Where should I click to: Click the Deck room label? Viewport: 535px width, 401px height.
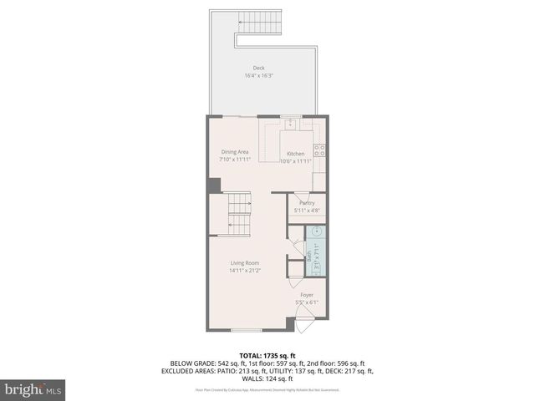coord(260,68)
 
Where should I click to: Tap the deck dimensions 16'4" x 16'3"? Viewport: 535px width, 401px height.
coord(259,76)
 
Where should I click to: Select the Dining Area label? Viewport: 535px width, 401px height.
coord(234,151)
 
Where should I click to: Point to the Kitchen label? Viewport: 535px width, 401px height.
coord(296,154)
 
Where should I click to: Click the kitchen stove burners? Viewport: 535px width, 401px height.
coord(319,150)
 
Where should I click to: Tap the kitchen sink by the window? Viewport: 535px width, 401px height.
coord(290,124)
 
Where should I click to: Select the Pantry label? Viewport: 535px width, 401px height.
coord(307,203)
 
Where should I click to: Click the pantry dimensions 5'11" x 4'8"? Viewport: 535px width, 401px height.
coord(307,211)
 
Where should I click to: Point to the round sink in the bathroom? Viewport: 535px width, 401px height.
coord(317,233)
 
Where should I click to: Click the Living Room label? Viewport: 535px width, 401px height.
coord(245,263)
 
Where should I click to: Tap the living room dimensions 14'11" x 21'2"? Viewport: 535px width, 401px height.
coord(245,271)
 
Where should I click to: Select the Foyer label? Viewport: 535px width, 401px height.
coord(308,295)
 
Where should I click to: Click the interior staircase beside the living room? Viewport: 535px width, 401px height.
coord(240,214)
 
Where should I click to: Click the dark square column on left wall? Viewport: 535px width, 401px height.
coord(214,185)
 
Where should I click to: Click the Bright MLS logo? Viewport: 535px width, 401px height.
coord(33,389)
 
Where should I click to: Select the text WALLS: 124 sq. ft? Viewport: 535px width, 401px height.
coord(267,378)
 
